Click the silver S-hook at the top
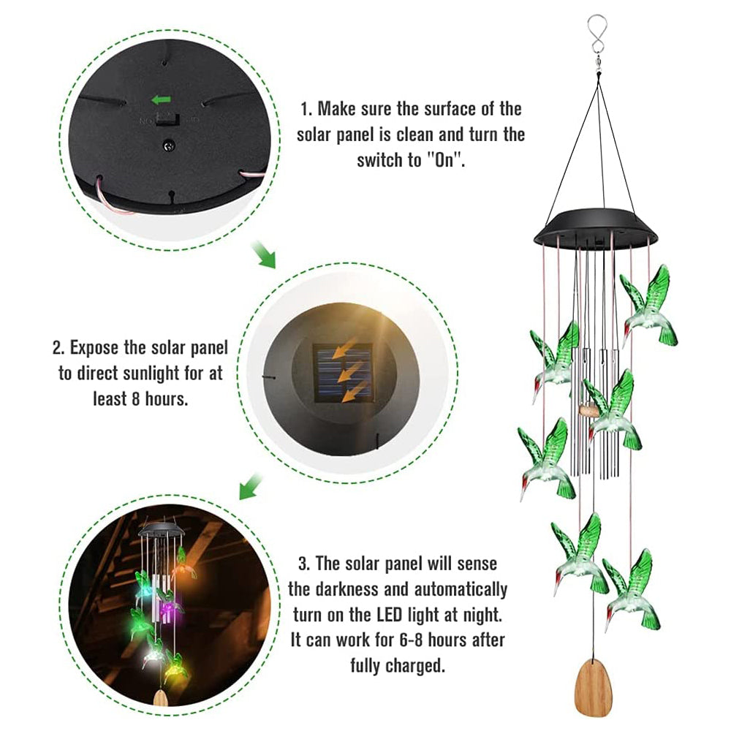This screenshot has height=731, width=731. coord(599,37)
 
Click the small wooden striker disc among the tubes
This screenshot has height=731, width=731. coord(588,410)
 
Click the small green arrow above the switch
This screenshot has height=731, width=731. coord(159,99)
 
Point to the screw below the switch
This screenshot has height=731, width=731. coord(169,145)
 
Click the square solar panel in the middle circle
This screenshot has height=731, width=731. coord(341,373)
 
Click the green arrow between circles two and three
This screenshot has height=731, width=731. coord(251,484)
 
